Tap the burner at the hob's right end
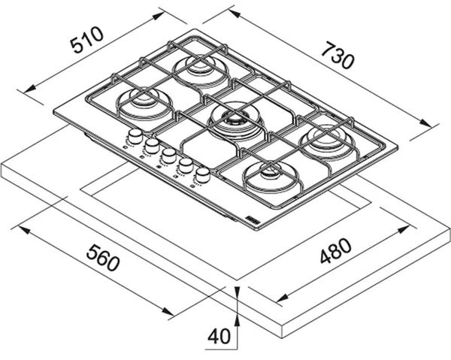tap(328, 138)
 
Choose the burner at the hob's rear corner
tap(201, 66)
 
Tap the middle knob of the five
tap(168, 156)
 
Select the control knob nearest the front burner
tap(201, 176)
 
